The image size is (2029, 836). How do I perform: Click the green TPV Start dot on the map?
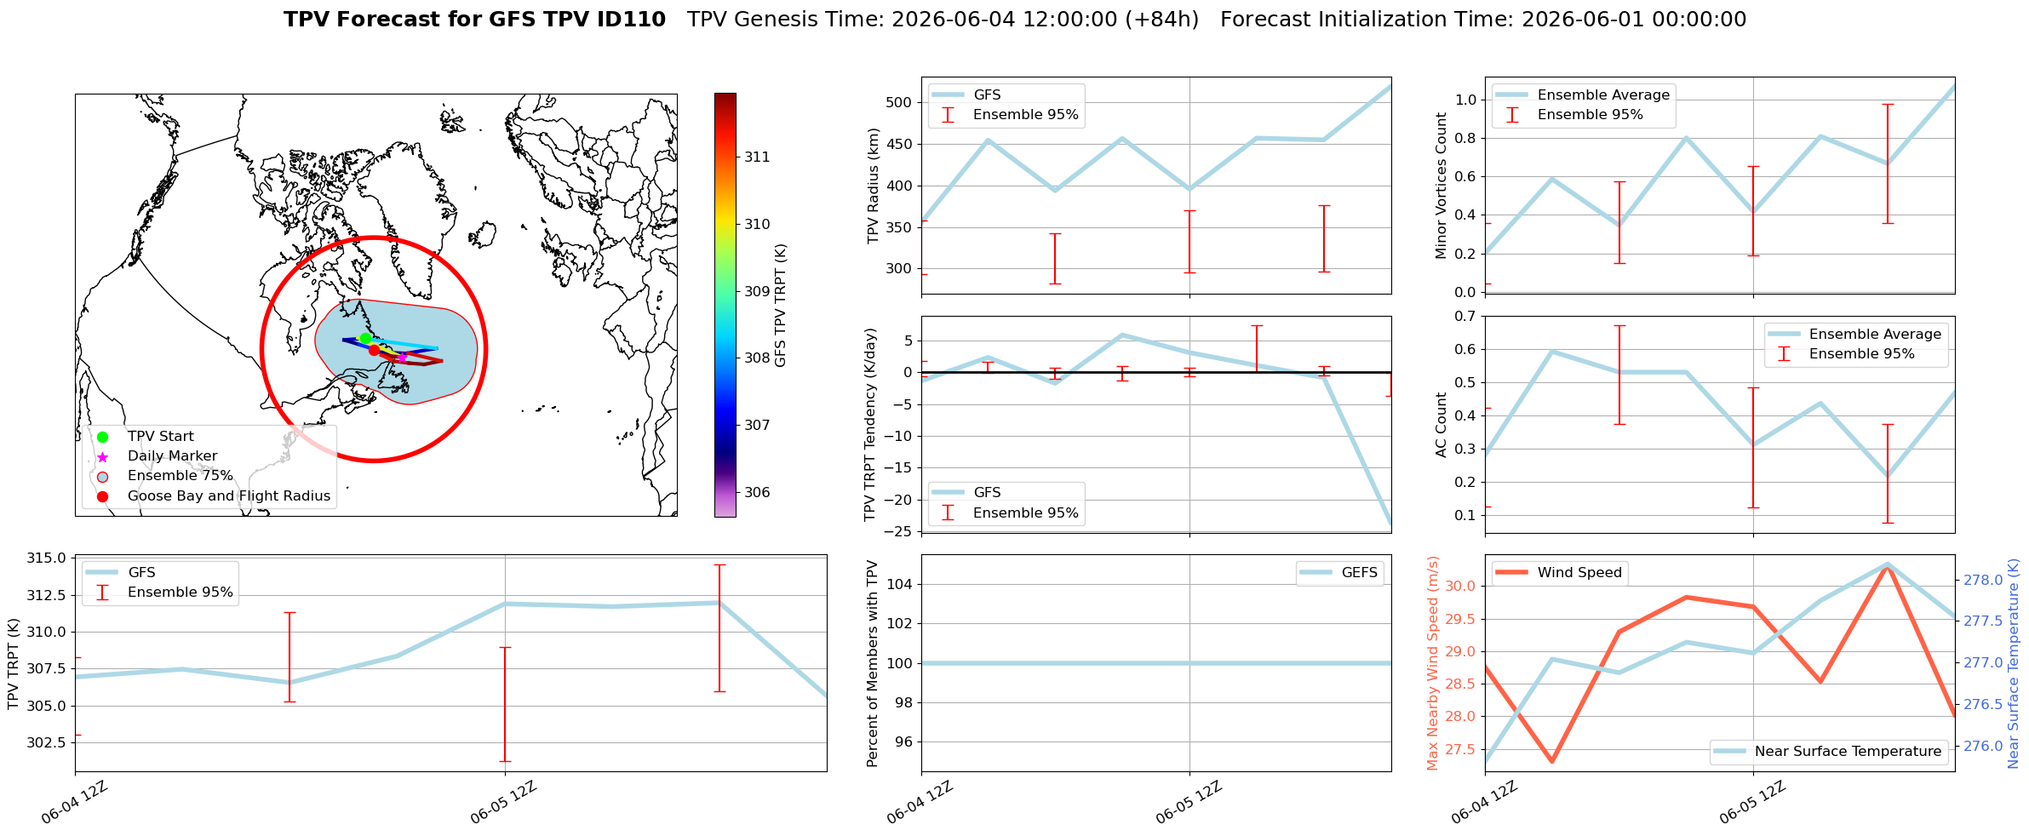pyautogui.click(x=365, y=338)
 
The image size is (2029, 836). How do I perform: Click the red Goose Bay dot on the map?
pyautogui.click(x=374, y=350)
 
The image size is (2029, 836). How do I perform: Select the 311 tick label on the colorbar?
pyautogui.click(x=757, y=157)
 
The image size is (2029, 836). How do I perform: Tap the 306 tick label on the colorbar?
pyautogui.click(x=757, y=492)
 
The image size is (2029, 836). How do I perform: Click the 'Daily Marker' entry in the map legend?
pyautogui.click(x=172, y=456)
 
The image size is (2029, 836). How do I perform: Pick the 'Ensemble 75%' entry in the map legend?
pyautogui.click(x=180, y=476)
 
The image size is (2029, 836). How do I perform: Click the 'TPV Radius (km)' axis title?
pyautogui.click(x=873, y=186)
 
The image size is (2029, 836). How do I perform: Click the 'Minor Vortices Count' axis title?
pyautogui.click(x=1441, y=186)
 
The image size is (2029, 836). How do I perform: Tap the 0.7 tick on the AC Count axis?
pyautogui.click(x=1465, y=316)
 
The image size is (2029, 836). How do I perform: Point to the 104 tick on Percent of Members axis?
pyautogui.click(x=901, y=584)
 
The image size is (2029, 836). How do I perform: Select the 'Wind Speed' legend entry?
pyautogui.click(x=1561, y=573)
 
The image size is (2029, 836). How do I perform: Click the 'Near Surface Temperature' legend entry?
pyautogui.click(x=1829, y=752)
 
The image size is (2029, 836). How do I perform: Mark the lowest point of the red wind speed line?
pyautogui.click(x=1551, y=761)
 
